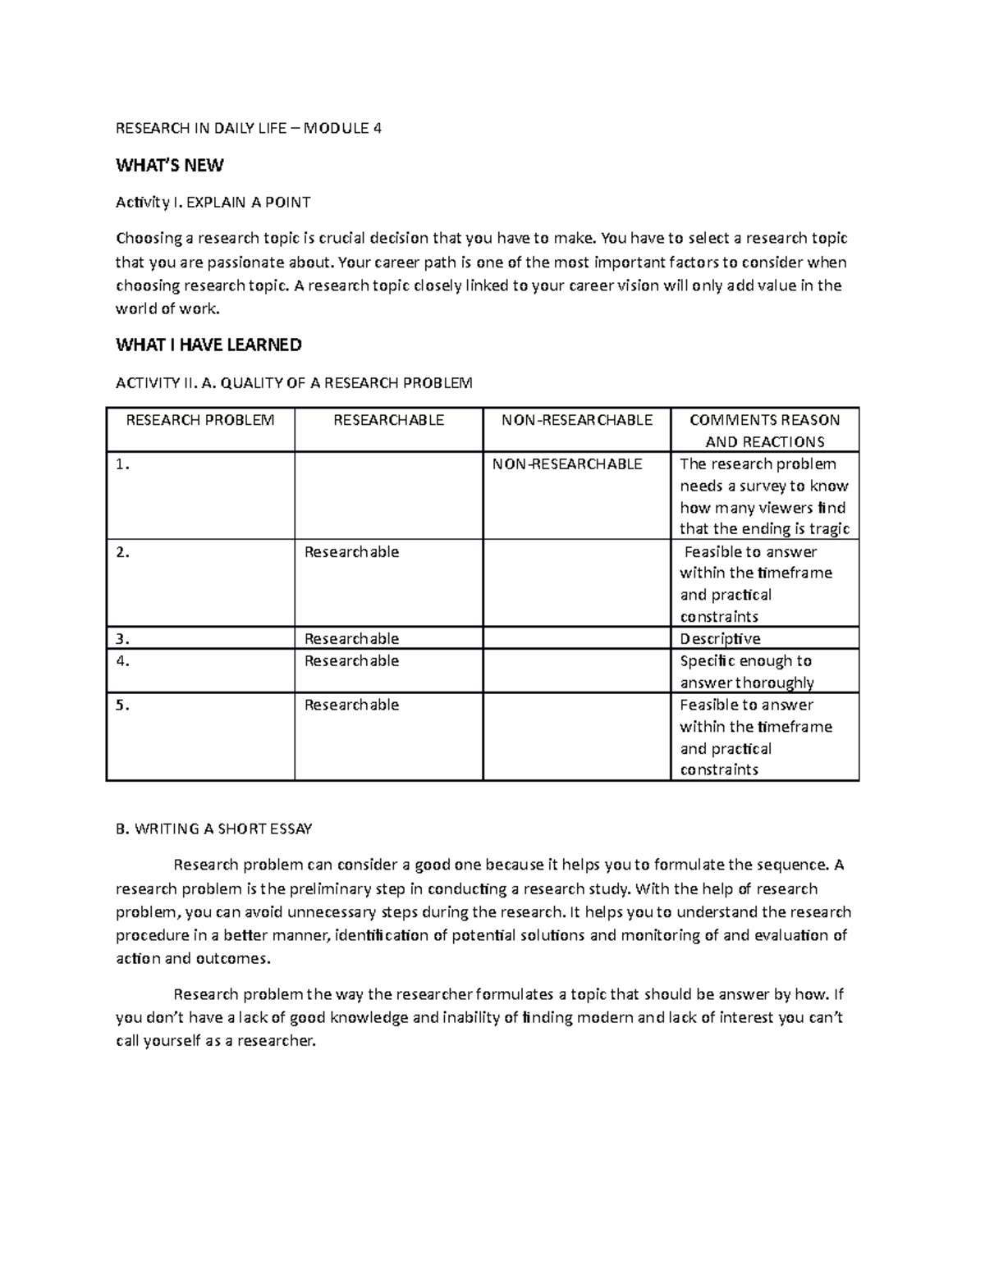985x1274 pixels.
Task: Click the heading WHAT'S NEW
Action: pyautogui.click(x=169, y=166)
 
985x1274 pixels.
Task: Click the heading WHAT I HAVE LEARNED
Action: pyautogui.click(x=208, y=345)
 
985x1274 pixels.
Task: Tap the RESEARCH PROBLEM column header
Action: pyautogui.click(x=199, y=420)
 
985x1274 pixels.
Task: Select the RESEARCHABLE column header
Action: pyautogui.click(x=388, y=420)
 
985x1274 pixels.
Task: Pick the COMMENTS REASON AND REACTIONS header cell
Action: pyautogui.click(x=764, y=431)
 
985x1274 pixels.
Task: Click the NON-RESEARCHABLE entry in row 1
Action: pyautogui.click(x=567, y=464)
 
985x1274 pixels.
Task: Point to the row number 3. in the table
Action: pyautogui.click(x=123, y=638)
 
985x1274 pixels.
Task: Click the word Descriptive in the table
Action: pyautogui.click(x=720, y=638)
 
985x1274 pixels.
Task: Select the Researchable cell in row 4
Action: pyautogui.click(x=351, y=660)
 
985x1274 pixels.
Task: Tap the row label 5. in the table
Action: pyautogui.click(x=123, y=705)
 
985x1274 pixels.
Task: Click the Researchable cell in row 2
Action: pyautogui.click(x=351, y=552)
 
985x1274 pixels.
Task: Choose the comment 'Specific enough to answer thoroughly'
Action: pyautogui.click(x=746, y=671)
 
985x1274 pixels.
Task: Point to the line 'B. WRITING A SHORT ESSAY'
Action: pyautogui.click(x=213, y=829)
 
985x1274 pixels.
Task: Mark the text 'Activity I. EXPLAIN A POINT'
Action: pyautogui.click(x=213, y=202)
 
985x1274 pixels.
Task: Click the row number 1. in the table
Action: pyautogui.click(x=123, y=464)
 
